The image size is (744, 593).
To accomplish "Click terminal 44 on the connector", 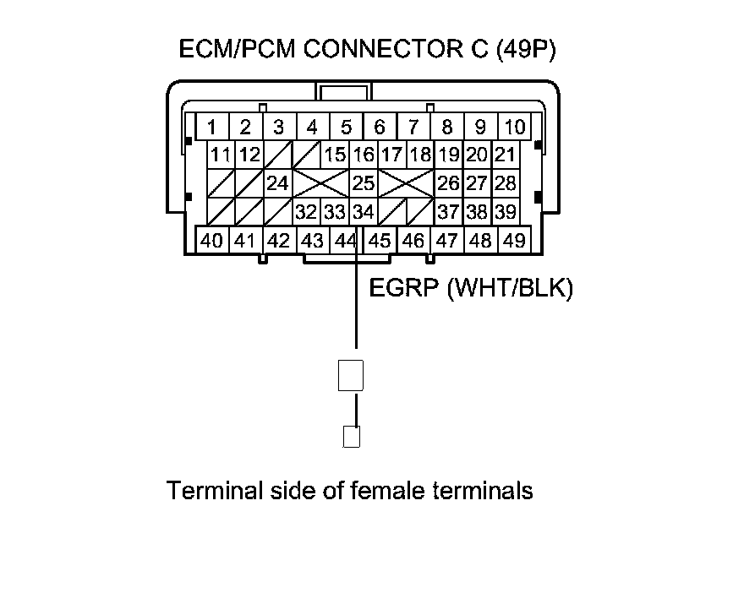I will point(345,241).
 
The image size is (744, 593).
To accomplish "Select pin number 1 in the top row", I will point(212,128).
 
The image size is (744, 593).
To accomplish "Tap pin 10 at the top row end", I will point(514,128).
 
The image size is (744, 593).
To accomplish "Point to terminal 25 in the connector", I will point(363,182).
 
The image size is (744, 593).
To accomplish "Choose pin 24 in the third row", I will point(277,182).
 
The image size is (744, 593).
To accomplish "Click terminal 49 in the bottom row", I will point(513,241).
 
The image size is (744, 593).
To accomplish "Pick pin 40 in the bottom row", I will point(212,241).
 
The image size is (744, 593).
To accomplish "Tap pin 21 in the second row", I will point(505,155).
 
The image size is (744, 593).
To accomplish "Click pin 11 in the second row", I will point(222,155).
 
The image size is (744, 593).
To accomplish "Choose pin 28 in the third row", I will point(505,182).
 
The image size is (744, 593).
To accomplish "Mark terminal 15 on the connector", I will point(335,155).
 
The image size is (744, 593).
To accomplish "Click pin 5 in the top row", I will point(346,128).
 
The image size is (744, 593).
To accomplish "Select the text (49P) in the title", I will point(522,50).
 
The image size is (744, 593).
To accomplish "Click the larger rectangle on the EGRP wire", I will point(351,375).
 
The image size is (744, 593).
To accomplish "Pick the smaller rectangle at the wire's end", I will point(351,437).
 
